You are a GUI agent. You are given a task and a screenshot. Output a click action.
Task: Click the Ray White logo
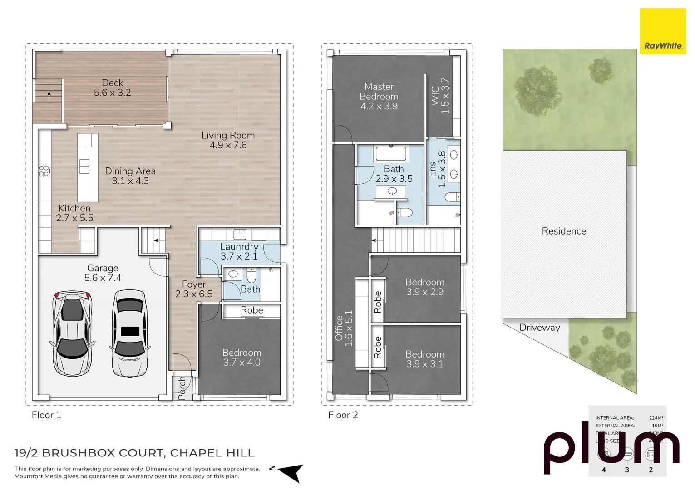[662, 32]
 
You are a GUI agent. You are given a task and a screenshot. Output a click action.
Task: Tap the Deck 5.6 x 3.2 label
[113, 88]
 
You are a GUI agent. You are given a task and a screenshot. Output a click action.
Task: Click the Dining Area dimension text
[130, 181]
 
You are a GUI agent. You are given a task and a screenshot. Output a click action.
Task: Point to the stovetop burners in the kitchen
[44, 171]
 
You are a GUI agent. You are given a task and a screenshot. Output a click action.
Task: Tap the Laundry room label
[239, 251]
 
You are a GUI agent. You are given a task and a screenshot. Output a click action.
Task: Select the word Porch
[182, 388]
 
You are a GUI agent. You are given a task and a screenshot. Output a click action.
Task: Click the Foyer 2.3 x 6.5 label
[194, 289]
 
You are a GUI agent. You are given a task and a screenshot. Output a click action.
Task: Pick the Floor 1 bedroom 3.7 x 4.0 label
[242, 358]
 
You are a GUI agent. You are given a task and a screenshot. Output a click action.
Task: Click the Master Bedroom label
[379, 96]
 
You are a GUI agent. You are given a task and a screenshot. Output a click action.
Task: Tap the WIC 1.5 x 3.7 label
[440, 96]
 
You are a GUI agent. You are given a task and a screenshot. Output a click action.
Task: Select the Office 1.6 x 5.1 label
[344, 328]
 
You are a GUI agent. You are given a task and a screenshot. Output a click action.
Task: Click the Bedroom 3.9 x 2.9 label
[424, 287]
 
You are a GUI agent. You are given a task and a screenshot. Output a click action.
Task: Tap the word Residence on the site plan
[564, 231]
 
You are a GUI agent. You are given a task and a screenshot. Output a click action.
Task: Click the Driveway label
[539, 328]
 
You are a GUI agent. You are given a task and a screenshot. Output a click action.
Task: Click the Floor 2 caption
[343, 415]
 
